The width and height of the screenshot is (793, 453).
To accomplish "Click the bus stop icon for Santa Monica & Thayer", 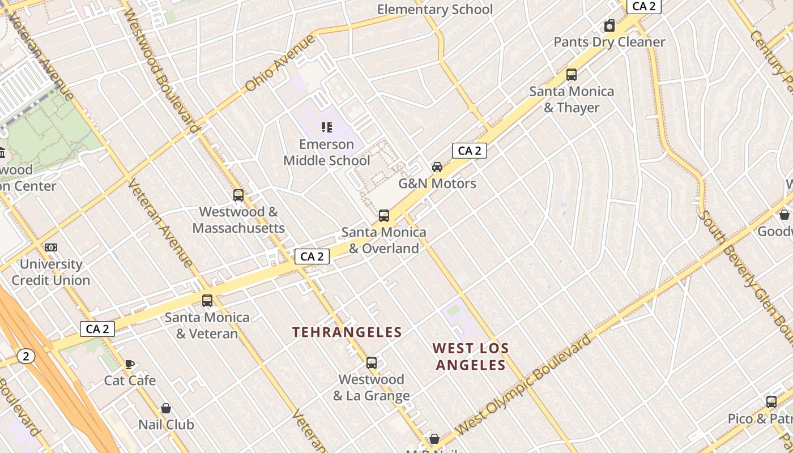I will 572,75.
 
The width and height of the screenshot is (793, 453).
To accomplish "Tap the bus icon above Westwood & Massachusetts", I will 238,195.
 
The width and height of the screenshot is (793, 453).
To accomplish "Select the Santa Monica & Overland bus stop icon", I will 384,216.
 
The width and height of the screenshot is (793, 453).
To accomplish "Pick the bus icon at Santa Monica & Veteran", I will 207,301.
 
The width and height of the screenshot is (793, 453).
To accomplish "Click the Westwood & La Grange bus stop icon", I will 372,363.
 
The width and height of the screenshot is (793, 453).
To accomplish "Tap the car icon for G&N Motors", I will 437,167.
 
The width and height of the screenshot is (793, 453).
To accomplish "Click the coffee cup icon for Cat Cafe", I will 130,364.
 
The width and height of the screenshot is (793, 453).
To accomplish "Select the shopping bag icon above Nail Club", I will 166,408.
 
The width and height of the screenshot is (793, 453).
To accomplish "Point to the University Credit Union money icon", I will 51,247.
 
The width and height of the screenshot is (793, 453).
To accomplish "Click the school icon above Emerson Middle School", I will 326,127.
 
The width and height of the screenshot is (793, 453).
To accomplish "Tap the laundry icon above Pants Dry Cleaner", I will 609,26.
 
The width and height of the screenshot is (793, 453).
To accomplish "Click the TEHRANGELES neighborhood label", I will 347,332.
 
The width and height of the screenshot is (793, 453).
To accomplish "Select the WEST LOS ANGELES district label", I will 471,357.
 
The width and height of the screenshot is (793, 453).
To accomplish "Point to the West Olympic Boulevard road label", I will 524,384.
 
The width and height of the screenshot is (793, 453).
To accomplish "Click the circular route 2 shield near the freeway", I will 25,356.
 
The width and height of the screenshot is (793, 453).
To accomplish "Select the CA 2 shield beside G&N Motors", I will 469,151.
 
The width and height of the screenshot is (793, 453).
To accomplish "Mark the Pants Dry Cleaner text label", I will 609,42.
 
